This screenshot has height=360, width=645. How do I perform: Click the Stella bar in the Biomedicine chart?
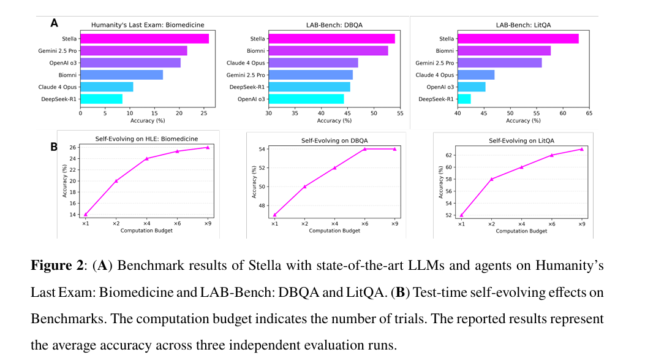coord(145,39)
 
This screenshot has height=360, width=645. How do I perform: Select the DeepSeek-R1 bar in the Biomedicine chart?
coord(101,98)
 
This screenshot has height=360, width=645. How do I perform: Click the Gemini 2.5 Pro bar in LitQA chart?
coord(499,63)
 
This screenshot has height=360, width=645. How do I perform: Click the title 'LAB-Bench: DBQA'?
coord(334,25)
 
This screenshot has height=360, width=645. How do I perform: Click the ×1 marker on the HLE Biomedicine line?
coord(86,215)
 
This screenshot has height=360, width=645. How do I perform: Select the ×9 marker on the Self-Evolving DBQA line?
coord(394,148)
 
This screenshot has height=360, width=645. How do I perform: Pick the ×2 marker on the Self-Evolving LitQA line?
coord(491,178)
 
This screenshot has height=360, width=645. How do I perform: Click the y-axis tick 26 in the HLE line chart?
coord(72,147)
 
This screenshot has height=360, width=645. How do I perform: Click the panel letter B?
coord(54,147)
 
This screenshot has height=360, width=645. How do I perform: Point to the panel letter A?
coord(54,23)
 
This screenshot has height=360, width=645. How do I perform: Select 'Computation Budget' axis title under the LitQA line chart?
coord(521,231)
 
